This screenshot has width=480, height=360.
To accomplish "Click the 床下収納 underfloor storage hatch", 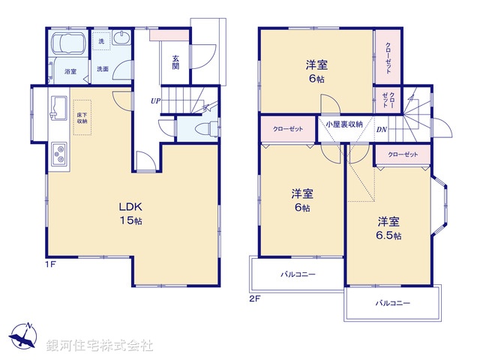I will (81, 117).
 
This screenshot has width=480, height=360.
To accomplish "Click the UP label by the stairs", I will (154, 100).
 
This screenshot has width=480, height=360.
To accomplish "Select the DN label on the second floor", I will (381, 129).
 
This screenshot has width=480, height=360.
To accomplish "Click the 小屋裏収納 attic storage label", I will (344, 124).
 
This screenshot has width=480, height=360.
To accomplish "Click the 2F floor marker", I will (254, 298).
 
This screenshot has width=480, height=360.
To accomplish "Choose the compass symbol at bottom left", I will (25, 336).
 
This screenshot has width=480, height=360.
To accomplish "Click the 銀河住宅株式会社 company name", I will (100, 346).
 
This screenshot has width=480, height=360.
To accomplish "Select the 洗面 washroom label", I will (101, 69).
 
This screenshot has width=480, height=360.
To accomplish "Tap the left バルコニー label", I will (298, 274).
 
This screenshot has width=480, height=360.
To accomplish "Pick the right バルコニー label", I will (392, 303).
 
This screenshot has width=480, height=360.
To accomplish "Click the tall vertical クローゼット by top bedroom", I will (388, 57).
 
